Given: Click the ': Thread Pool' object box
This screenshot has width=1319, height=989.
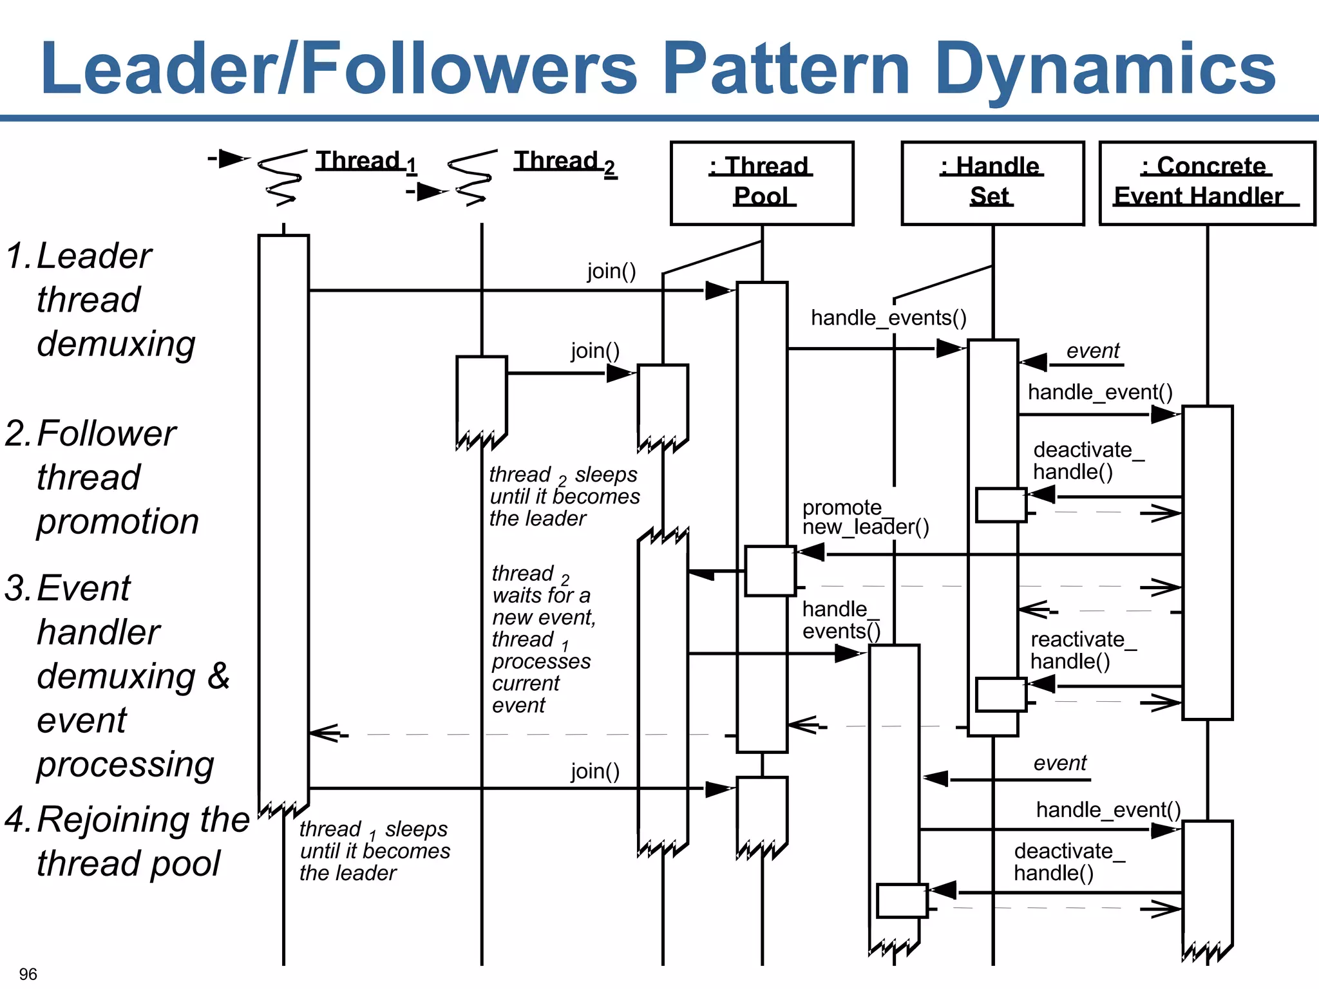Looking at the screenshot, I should tap(761, 183).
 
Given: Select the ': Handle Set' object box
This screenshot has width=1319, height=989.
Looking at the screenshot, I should tap(992, 183).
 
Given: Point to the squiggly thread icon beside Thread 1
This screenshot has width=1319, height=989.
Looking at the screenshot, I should tap(281, 176).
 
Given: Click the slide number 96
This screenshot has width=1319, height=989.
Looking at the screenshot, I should tap(28, 974).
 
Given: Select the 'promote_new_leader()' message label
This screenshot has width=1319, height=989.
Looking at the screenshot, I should tap(864, 518).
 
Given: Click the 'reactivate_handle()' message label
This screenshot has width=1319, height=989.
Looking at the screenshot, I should tap(1082, 650).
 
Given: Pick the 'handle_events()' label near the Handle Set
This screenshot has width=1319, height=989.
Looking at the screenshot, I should tap(888, 318).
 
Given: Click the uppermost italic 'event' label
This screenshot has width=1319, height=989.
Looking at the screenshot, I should tap(1092, 351).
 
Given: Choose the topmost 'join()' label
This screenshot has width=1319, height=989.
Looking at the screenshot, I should tap(611, 271).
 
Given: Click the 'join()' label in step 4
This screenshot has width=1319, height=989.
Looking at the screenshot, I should tap(594, 771).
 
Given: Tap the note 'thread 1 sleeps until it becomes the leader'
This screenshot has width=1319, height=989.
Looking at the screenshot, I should tap(374, 851).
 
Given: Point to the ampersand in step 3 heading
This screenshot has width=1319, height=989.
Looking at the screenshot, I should tap(218, 676).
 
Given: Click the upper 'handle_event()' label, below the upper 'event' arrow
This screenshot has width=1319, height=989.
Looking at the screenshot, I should tap(1099, 392).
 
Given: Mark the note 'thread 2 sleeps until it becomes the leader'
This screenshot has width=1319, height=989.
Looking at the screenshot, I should tap(564, 496).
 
